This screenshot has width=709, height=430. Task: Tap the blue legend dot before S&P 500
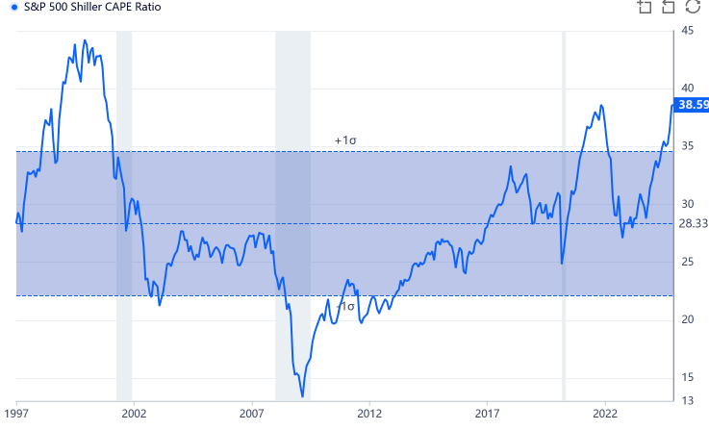pos(13,7)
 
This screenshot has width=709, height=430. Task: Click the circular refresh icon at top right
pos(693,8)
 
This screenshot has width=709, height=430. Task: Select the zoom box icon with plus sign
pos(645,8)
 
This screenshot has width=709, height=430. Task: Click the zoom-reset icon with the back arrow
pos(669,8)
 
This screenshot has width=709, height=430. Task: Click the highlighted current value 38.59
pos(693,105)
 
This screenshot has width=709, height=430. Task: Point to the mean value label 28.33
pos(693,223)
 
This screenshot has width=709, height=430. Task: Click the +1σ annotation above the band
pos(345,140)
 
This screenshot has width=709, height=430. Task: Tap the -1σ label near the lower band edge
pos(345,306)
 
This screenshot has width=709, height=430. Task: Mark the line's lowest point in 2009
pos(302,395)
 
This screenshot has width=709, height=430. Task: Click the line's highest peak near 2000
pos(84,40)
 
